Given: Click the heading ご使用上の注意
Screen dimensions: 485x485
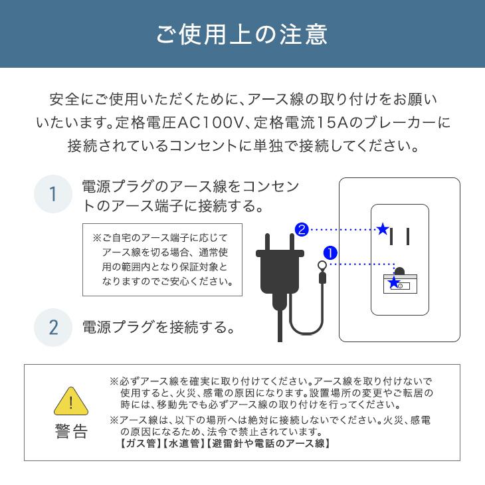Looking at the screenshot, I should [x=242, y=34].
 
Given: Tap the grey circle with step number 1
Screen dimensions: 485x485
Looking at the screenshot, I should [x=52, y=194].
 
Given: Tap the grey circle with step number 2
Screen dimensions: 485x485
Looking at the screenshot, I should [x=52, y=327].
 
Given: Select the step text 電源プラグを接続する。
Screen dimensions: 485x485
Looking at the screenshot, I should [x=159, y=327].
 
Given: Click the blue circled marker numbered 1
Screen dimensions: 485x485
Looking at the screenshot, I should [x=330, y=253].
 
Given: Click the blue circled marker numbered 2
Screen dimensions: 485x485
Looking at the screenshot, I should [x=301, y=230].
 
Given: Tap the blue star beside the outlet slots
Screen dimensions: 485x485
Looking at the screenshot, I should [x=382, y=229].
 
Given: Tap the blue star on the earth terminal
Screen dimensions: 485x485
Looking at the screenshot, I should [x=394, y=283].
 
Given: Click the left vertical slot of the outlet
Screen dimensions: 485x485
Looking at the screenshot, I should [x=393, y=236].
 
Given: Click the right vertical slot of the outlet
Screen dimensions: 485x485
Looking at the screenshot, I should [x=407, y=236].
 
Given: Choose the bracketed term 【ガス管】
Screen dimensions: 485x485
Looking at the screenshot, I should [x=135, y=443].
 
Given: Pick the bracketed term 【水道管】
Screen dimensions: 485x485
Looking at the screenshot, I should [x=183, y=443].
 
